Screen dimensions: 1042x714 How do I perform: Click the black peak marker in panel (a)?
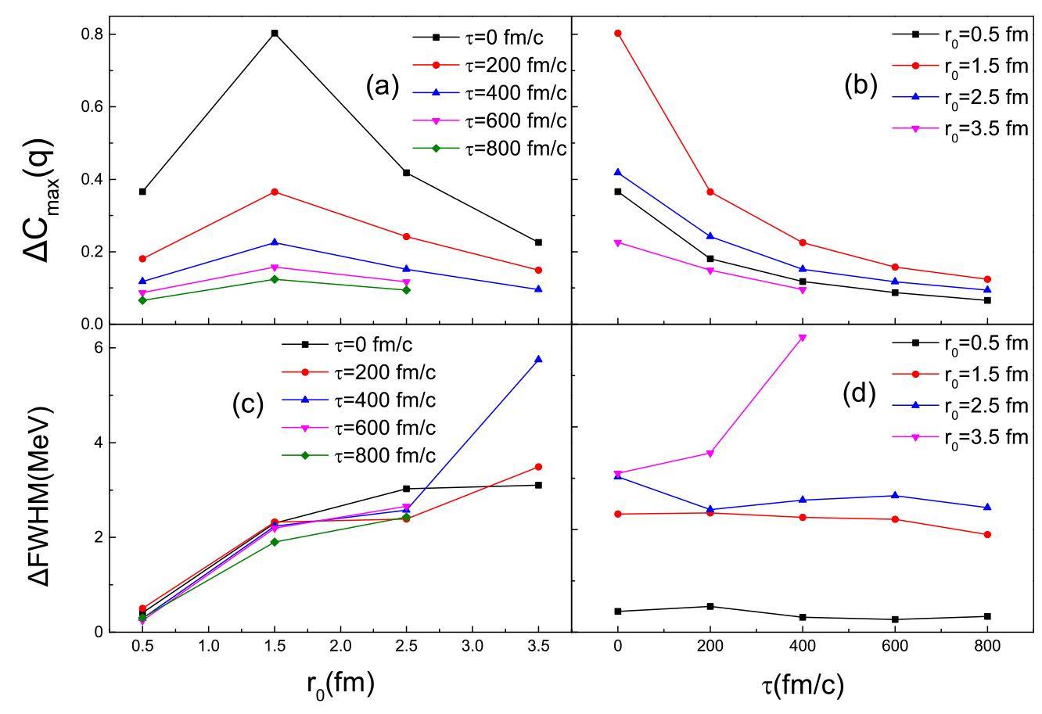tap(275, 33)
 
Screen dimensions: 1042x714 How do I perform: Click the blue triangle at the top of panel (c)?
tap(538, 359)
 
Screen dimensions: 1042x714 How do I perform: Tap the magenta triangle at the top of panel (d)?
tap(802, 338)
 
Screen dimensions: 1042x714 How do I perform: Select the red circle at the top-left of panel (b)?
tap(617, 33)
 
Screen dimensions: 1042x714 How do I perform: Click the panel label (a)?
tap(383, 86)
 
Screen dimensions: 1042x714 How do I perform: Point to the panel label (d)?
tap(859, 393)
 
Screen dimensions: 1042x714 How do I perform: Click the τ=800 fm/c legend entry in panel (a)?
tap(490, 149)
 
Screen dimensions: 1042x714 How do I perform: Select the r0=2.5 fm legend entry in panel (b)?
tap(960, 99)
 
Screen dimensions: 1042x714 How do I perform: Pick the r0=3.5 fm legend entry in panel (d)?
tap(960, 438)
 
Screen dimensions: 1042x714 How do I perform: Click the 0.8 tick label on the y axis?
tap(92, 34)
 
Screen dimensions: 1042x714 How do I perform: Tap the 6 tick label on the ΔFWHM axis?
tap(98, 348)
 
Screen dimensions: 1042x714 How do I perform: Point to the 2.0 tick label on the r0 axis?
tap(340, 646)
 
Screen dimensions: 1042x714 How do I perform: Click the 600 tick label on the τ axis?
tap(894, 646)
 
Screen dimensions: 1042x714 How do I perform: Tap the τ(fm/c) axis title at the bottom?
tap(803, 686)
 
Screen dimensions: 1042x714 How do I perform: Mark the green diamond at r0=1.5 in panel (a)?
tap(275, 279)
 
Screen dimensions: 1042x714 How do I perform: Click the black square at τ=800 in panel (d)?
tap(987, 616)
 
